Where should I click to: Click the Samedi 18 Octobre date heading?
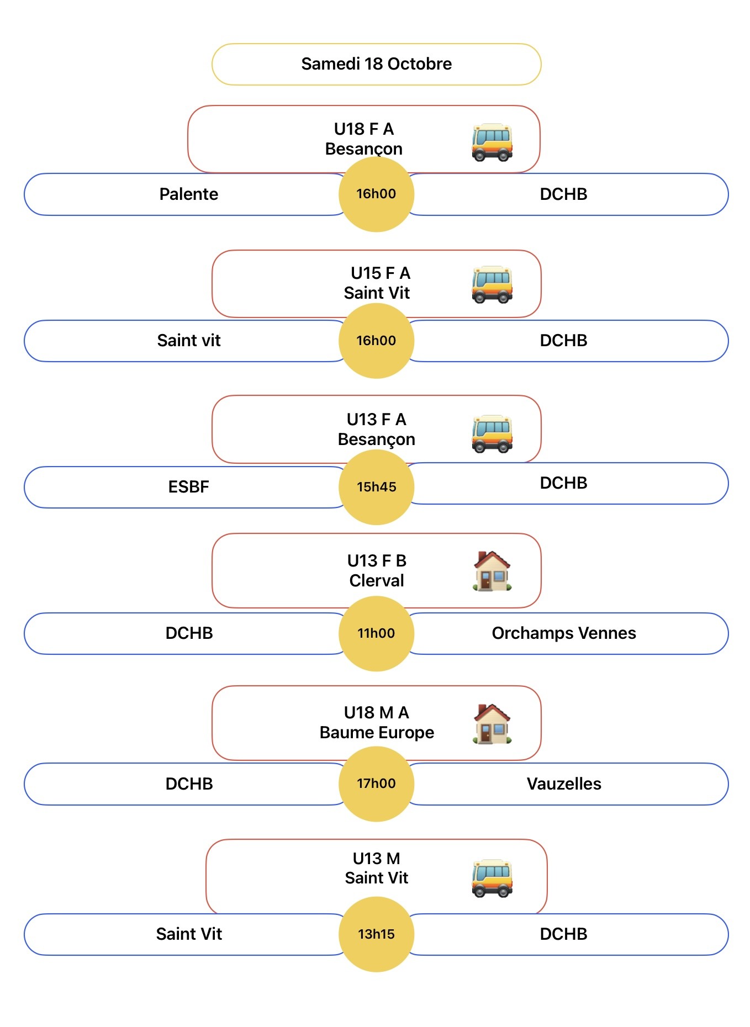point(376,64)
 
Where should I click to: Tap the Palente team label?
point(188,194)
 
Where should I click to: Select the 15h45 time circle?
point(376,487)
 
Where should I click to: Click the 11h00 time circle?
point(376,633)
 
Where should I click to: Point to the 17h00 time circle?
point(376,784)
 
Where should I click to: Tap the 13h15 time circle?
point(376,934)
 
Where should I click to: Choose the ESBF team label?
point(188,487)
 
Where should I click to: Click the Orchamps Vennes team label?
point(563,633)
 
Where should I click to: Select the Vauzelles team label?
point(563,784)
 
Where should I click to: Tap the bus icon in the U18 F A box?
point(492,142)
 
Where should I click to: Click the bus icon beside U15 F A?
point(492,285)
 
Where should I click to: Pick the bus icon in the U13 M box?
point(492,878)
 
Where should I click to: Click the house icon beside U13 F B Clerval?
point(492,571)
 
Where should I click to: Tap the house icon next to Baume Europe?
point(492,724)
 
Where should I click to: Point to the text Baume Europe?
point(377,733)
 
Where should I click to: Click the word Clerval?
point(377,581)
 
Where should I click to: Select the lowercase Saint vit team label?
point(188,341)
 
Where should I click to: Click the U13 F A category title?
point(376,420)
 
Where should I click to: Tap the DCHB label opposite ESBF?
point(563,483)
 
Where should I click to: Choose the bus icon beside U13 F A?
point(492,434)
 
